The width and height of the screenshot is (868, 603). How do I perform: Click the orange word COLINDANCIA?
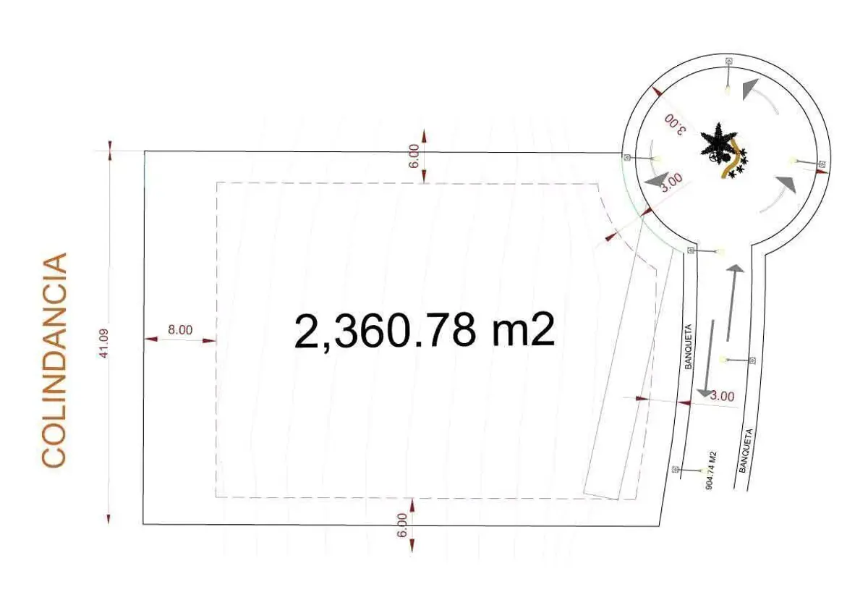tap(54, 360)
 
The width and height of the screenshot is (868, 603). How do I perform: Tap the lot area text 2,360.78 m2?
tap(425, 331)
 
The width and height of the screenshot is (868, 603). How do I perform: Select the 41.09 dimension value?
tap(104, 344)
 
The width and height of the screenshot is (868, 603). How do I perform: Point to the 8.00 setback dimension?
tap(180, 330)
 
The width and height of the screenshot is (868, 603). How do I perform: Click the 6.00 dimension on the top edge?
tap(414, 156)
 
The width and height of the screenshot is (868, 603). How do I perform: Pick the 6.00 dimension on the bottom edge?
tap(402, 526)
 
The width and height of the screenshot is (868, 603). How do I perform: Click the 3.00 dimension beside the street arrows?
tap(723, 396)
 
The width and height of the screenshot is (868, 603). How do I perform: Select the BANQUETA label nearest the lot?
tap(688, 346)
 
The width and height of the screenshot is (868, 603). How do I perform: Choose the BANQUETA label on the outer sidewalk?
tap(746, 450)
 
